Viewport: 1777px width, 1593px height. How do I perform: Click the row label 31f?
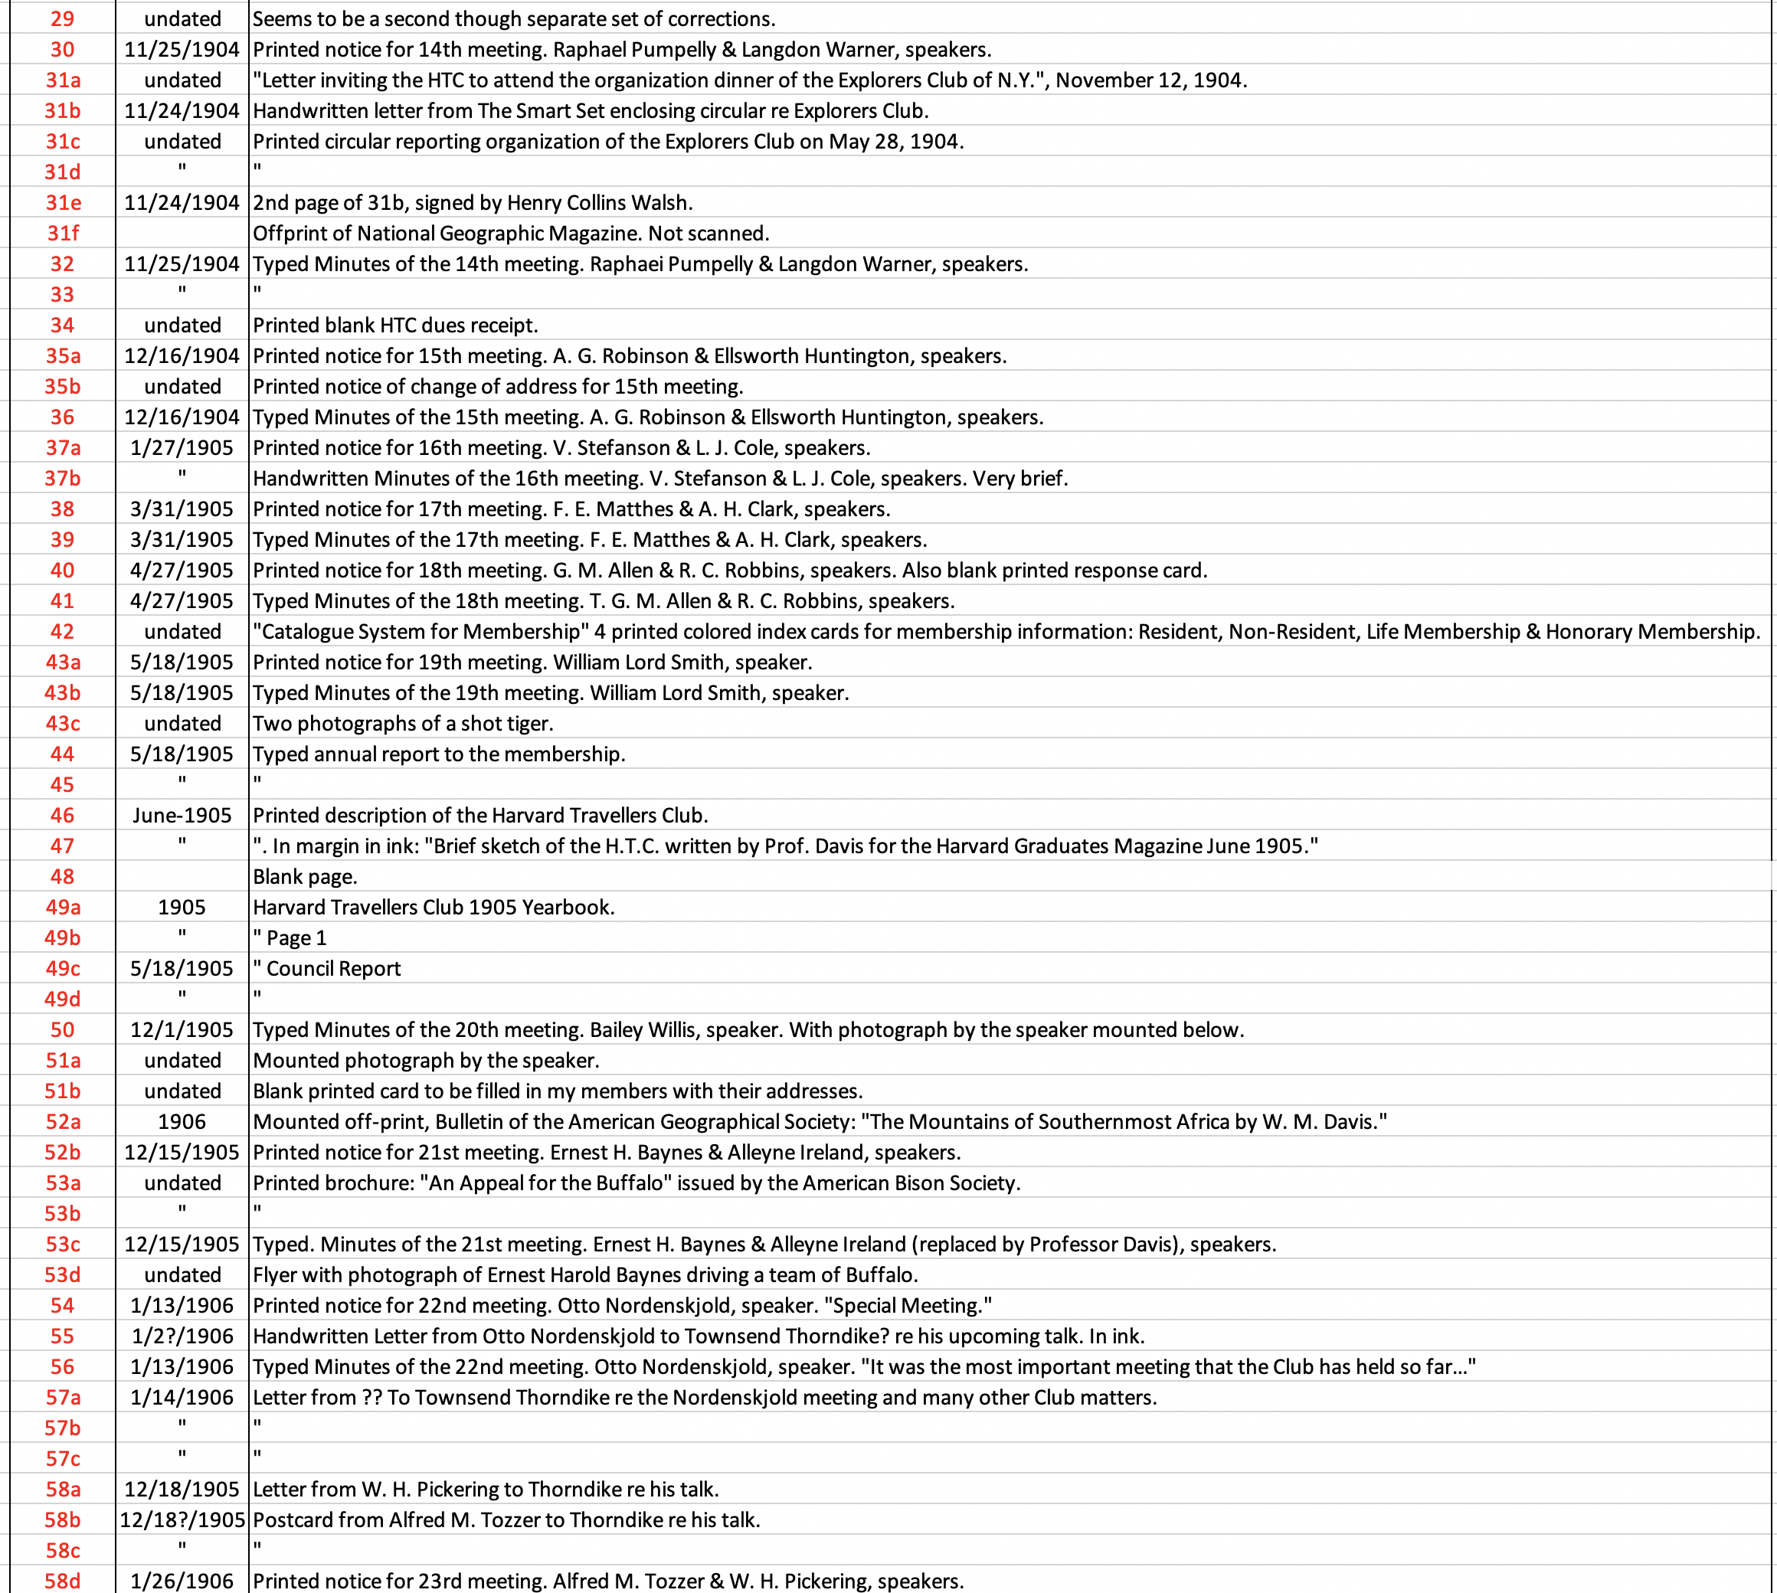[x=62, y=234]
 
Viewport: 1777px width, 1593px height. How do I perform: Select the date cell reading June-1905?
[x=182, y=816]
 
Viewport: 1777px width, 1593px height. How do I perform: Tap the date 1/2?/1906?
[x=182, y=1336]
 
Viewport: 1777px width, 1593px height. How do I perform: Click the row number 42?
[x=62, y=632]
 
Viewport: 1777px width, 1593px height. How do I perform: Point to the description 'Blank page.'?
[x=305, y=877]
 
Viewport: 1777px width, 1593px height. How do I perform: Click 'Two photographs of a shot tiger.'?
[x=403, y=724]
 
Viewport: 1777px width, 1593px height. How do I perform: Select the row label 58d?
[x=62, y=1582]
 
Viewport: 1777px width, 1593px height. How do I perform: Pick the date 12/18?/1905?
[x=182, y=1520]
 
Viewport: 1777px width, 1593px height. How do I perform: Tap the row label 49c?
[x=62, y=969]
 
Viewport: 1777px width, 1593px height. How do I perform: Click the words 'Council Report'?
[x=333, y=969]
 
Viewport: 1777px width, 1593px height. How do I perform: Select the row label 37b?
[x=62, y=479]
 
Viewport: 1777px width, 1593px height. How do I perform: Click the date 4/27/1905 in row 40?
[x=182, y=571]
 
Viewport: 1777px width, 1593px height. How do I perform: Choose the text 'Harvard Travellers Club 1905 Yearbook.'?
[x=434, y=908]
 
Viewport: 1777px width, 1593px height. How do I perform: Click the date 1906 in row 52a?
[x=182, y=1122]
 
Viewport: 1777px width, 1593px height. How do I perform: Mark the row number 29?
[x=62, y=19]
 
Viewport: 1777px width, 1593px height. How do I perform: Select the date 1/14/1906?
[x=182, y=1398]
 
